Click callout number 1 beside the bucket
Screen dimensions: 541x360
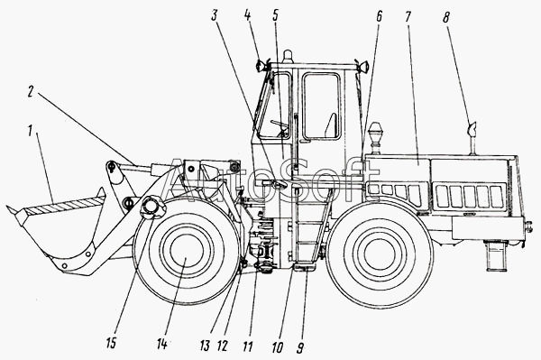[31, 131]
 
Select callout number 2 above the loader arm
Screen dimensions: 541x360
[31, 92]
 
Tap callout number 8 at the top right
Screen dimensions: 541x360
[446, 17]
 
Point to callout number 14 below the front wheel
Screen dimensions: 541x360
[161, 343]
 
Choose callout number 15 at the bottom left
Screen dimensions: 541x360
[112, 343]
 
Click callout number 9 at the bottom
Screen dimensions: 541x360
[300, 347]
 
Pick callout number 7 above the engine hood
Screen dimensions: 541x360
[408, 17]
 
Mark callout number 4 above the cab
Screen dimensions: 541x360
[247, 14]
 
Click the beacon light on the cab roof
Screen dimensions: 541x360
[287, 57]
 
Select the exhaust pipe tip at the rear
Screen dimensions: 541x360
[472, 129]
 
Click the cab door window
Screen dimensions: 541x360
[320, 106]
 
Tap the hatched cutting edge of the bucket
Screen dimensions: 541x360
[66, 205]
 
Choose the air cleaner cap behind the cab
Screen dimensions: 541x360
[375, 131]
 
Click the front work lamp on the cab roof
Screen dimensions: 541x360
[261, 65]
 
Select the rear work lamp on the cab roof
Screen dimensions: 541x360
[363, 66]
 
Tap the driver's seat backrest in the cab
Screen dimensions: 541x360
[331, 125]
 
